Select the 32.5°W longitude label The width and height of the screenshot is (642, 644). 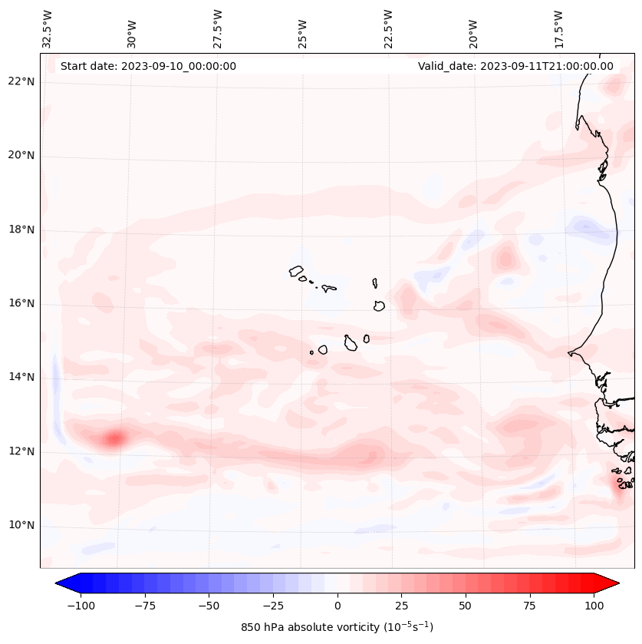point(48,29)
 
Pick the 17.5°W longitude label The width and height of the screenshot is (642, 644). point(558,29)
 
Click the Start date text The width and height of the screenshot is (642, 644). point(148,66)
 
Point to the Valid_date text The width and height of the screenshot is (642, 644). point(515,66)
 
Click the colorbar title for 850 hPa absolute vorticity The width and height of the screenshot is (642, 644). point(337,627)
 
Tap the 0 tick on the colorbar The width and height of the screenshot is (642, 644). point(337,606)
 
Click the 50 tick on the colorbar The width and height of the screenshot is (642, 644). point(466,606)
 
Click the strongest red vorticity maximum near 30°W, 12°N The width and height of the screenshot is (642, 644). point(115,439)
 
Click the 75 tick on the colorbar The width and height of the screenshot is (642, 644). point(530,606)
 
